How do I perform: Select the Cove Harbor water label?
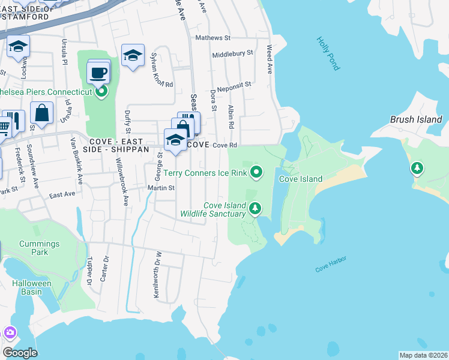click(331, 265)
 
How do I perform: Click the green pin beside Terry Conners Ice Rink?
click(256, 173)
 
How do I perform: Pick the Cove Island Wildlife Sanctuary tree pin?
click(256, 209)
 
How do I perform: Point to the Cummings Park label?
click(39, 248)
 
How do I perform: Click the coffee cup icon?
click(97, 74)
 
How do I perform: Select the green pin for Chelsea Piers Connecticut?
click(101, 92)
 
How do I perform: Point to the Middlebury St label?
click(232, 53)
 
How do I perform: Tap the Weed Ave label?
click(270, 59)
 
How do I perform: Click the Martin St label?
click(161, 188)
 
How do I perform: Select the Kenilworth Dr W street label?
click(158, 281)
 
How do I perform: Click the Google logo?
click(20, 353)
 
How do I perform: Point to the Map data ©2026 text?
click(424, 355)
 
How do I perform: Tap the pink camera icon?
click(10, 332)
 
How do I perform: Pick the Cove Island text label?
click(301, 179)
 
